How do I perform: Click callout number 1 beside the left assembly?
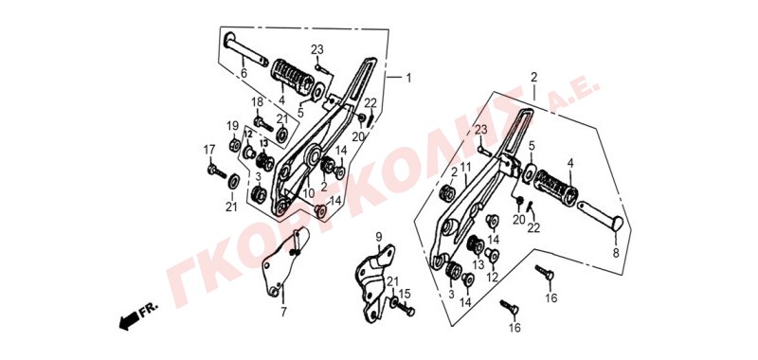coord(408,78)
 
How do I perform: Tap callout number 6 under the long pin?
coord(244,74)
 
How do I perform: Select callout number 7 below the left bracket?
coord(283,312)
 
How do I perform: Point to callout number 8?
coord(616,253)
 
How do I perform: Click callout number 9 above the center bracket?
coord(378,237)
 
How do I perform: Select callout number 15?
coord(405,293)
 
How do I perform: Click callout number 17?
coord(208,151)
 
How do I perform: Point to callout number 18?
coord(257,102)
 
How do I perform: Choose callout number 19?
coord(233,126)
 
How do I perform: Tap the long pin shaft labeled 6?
coord(246,49)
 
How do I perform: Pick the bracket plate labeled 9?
coord(376,282)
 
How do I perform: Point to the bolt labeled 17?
coord(217,171)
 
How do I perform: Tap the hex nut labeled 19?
coord(234,144)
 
